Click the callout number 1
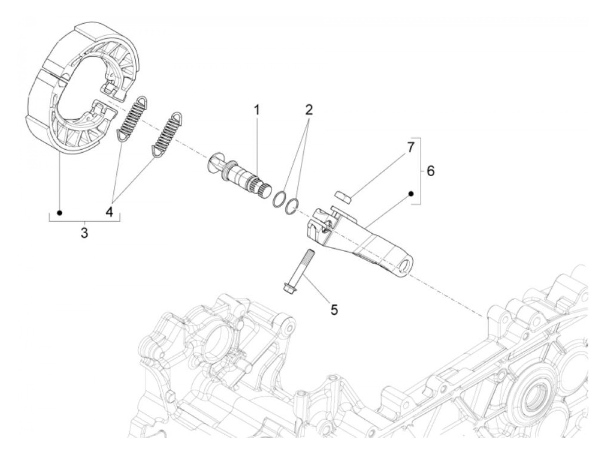tap(257, 110)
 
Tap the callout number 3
tap(85, 233)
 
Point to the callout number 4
tap(110, 211)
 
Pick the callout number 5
tap(334, 309)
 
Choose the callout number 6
tap(430, 171)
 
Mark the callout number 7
tap(410, 147)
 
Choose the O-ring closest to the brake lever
tap(291, 206)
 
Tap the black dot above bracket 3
tap(60, 213)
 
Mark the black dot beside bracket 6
tap(411, 194)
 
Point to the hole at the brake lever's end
tap(407, 266)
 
